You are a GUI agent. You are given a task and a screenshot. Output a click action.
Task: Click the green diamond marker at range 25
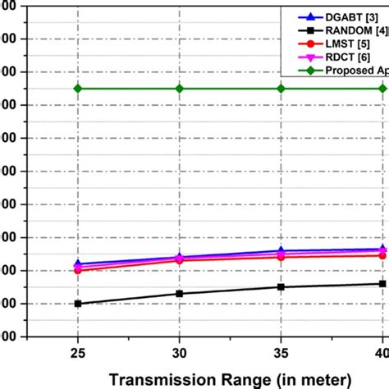(78, 89)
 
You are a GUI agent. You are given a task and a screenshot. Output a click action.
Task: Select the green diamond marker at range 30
(179, 89)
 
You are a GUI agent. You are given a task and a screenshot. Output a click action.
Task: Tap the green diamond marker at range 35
(281, 89)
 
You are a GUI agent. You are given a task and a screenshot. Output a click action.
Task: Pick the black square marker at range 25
(78, 304)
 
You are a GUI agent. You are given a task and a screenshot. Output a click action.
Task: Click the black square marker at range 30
(179, 294)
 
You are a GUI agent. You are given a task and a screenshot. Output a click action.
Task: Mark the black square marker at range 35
(281, 287)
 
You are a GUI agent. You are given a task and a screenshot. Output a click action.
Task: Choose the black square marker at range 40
(382, 284)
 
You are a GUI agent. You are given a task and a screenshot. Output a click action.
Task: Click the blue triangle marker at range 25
(78, 264)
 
